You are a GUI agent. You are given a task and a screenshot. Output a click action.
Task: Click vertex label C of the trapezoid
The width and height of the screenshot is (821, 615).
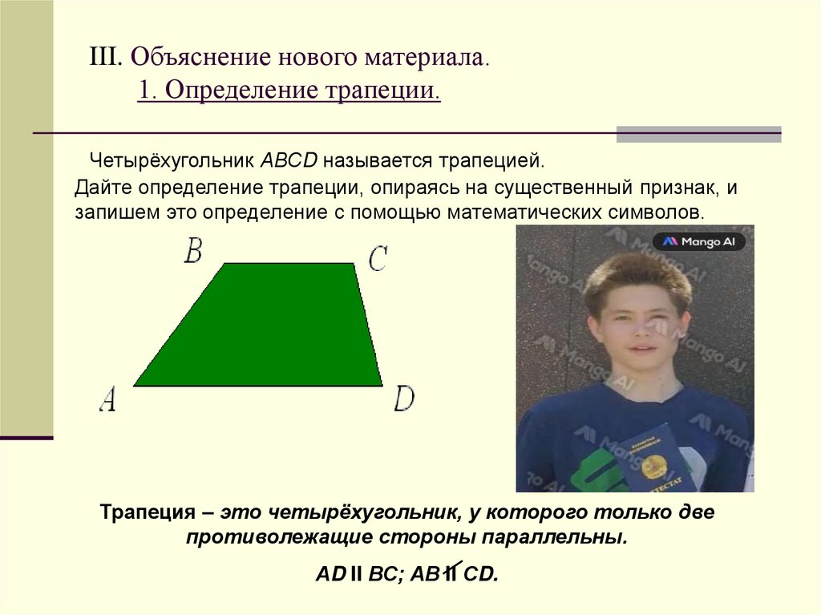point(378,258)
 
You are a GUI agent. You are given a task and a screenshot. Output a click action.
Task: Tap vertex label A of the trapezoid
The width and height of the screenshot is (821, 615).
point(107,399)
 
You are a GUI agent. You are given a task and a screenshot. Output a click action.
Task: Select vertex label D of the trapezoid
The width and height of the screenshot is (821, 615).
point(404,399)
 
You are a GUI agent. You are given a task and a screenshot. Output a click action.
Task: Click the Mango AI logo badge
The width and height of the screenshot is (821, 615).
point(698,241)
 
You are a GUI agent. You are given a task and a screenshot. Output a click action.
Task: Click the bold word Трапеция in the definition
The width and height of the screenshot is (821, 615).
point(148,512)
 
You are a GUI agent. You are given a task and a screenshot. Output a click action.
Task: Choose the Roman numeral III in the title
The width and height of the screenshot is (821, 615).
point(105,58)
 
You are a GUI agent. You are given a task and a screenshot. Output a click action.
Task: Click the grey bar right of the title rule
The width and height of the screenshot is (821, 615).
point(698,134)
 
